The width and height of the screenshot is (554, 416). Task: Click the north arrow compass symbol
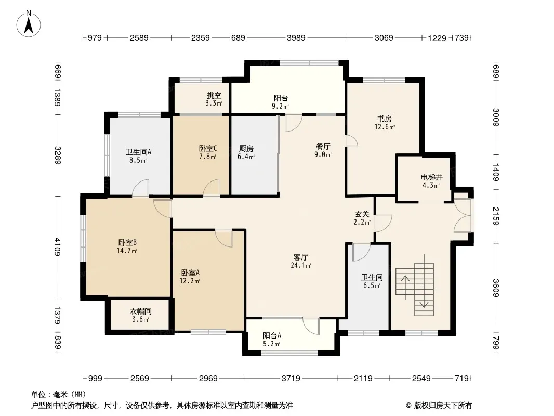pos(29,24)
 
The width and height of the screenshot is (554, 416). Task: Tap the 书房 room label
pos(384,119)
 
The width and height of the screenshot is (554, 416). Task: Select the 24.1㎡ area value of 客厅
pos(301,265)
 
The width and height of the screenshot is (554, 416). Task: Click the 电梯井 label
pos(431,177)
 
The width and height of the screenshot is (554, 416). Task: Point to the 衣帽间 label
pos(141,311)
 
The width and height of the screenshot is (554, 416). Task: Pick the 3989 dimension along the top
pos(296,37)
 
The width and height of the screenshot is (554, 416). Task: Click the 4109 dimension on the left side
pos(58,246)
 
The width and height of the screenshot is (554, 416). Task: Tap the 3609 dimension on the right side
pos(496,288)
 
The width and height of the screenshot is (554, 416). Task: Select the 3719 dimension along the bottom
pos(291,379)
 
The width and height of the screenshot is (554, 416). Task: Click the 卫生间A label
pos(138,152)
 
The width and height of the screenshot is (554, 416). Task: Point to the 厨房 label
pos(246,148)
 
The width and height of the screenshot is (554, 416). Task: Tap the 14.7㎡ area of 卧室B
pos(127,251)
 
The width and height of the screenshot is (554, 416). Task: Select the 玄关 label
pos(362,214)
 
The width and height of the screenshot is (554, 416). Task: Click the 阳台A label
pos(272,336)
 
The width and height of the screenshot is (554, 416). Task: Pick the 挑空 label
pos(214,96)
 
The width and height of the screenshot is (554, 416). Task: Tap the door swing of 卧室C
pos(212,187)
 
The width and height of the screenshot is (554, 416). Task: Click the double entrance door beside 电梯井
pos(463,215)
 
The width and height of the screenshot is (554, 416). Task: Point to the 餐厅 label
pos(323,146)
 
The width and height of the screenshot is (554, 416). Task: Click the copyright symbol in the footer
pos(408,406)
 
